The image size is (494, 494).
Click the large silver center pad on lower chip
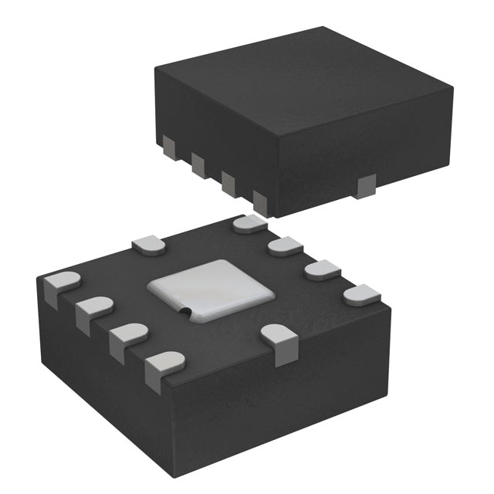tap(210, 291)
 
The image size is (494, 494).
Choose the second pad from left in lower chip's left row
tap(93, 310)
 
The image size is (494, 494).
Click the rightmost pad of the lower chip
tap(361, 294)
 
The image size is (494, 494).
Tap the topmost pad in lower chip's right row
tap(249, 224)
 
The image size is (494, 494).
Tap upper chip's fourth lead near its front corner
tap(259, 202)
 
